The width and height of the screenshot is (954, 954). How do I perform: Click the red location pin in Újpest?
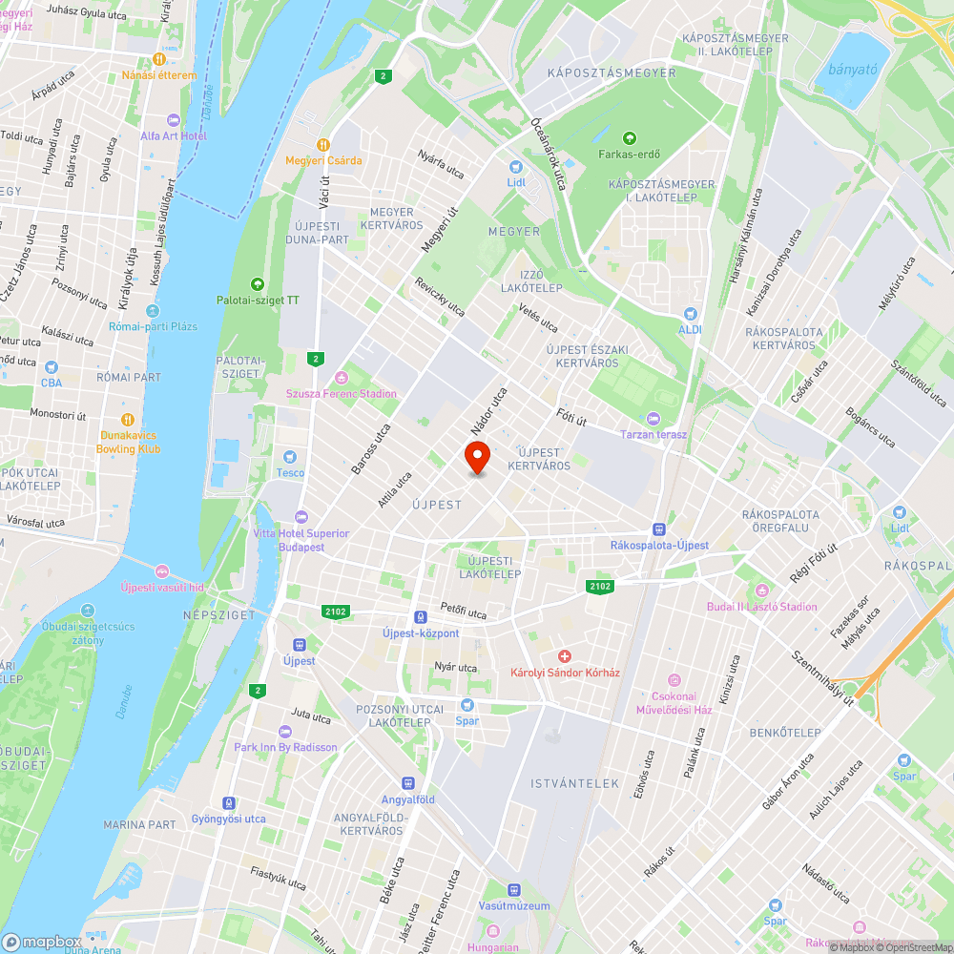tap(477, 456)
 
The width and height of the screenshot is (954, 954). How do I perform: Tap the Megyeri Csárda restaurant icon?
tap(324, 144)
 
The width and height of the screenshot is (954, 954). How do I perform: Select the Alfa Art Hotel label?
tap(173, 135)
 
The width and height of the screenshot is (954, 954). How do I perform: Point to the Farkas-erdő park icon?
tap(629, 138)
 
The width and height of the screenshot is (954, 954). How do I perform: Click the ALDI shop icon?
tap(690, 313)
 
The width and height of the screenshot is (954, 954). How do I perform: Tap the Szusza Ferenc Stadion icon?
tap(342, 378)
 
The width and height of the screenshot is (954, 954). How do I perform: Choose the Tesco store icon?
tap(291, 457)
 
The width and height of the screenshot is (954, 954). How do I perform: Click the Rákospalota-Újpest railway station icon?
tap(659, 529)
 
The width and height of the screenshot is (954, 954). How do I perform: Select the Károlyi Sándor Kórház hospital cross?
tap(565, 656)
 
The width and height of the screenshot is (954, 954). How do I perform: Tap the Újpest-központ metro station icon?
tap(421, 617)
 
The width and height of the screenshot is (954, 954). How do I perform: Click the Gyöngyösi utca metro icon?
tap(229, 803)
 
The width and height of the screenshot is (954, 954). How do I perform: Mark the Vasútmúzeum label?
tap(513, 905)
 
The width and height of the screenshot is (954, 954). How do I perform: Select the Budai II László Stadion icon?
tap(761, 591)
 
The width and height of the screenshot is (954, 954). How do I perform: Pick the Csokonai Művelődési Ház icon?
tap(675, 680)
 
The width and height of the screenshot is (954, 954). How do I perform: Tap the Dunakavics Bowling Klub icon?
tap(128, 420)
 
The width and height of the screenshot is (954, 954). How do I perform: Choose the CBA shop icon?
tap(51, 367)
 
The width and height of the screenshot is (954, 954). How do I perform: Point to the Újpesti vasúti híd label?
tap(163, 587)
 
